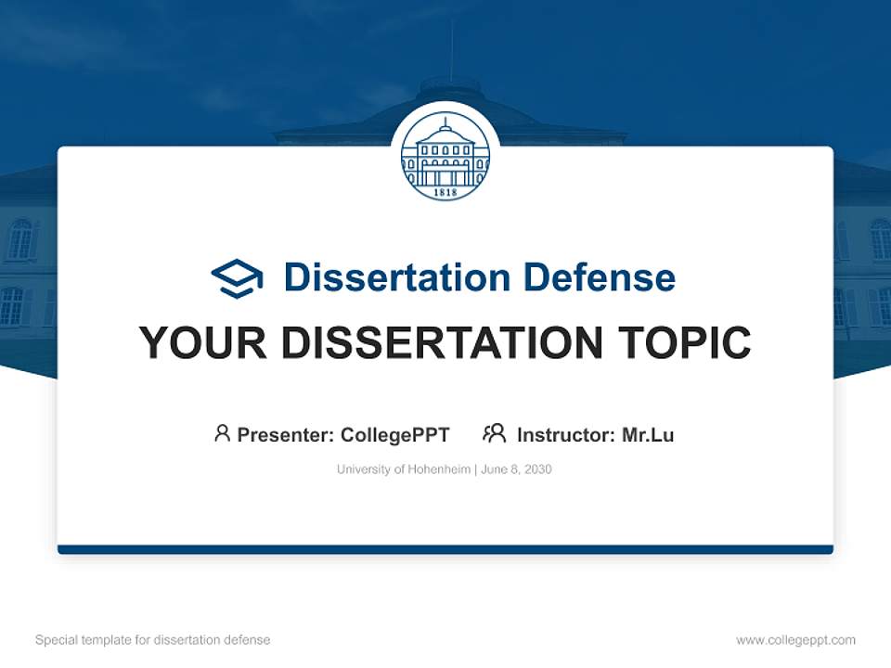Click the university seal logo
445,159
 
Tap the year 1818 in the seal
445,192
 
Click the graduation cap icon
238,278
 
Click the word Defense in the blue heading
599,277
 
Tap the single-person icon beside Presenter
222,433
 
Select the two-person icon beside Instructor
494,433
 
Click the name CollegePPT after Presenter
395,434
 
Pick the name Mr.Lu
648,434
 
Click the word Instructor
563,434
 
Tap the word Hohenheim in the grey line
439,469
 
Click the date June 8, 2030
517,469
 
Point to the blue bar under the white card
445,549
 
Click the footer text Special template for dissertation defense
152,640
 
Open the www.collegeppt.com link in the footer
795,640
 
